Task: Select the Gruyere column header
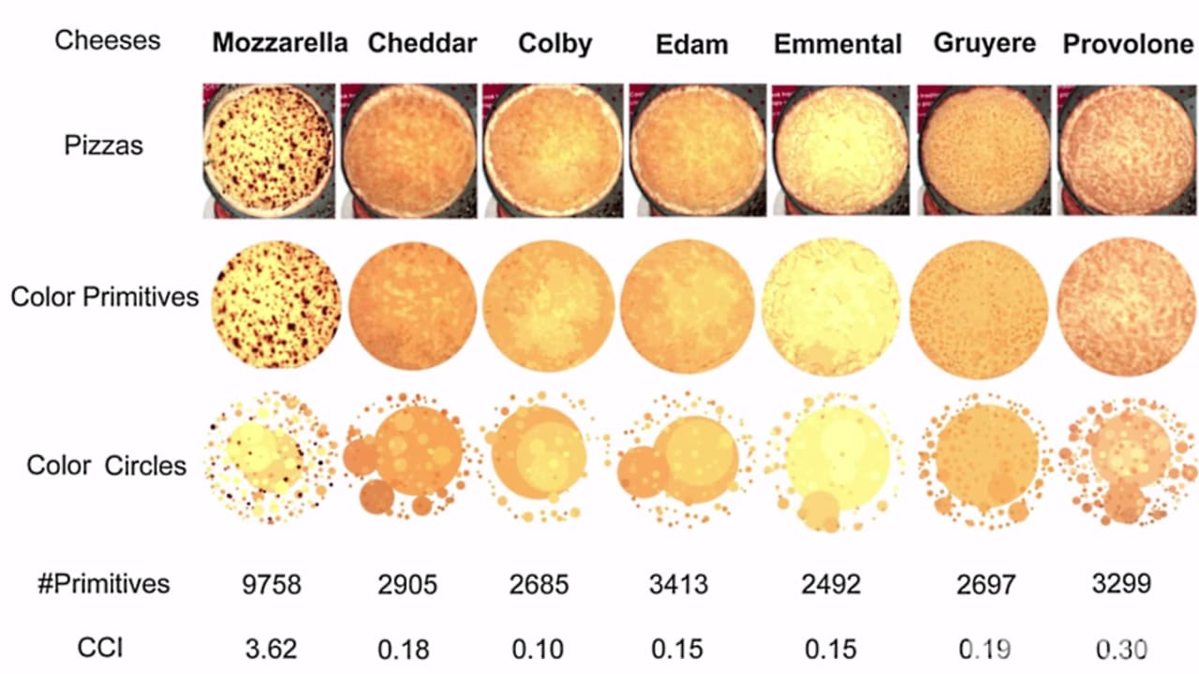tap(984, 43)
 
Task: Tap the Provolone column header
tap(1128, 43)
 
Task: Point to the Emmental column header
tap(837, 43)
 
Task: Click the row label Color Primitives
tap(105, 297)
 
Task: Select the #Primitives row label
tap(103, 584)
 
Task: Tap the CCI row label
tap(102, 647)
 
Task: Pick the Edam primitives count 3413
tap(678, 585)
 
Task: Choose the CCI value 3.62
tap(270, 647)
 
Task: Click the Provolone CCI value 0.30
tap(1121, 647)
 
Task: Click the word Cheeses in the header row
tap(107, 40)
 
